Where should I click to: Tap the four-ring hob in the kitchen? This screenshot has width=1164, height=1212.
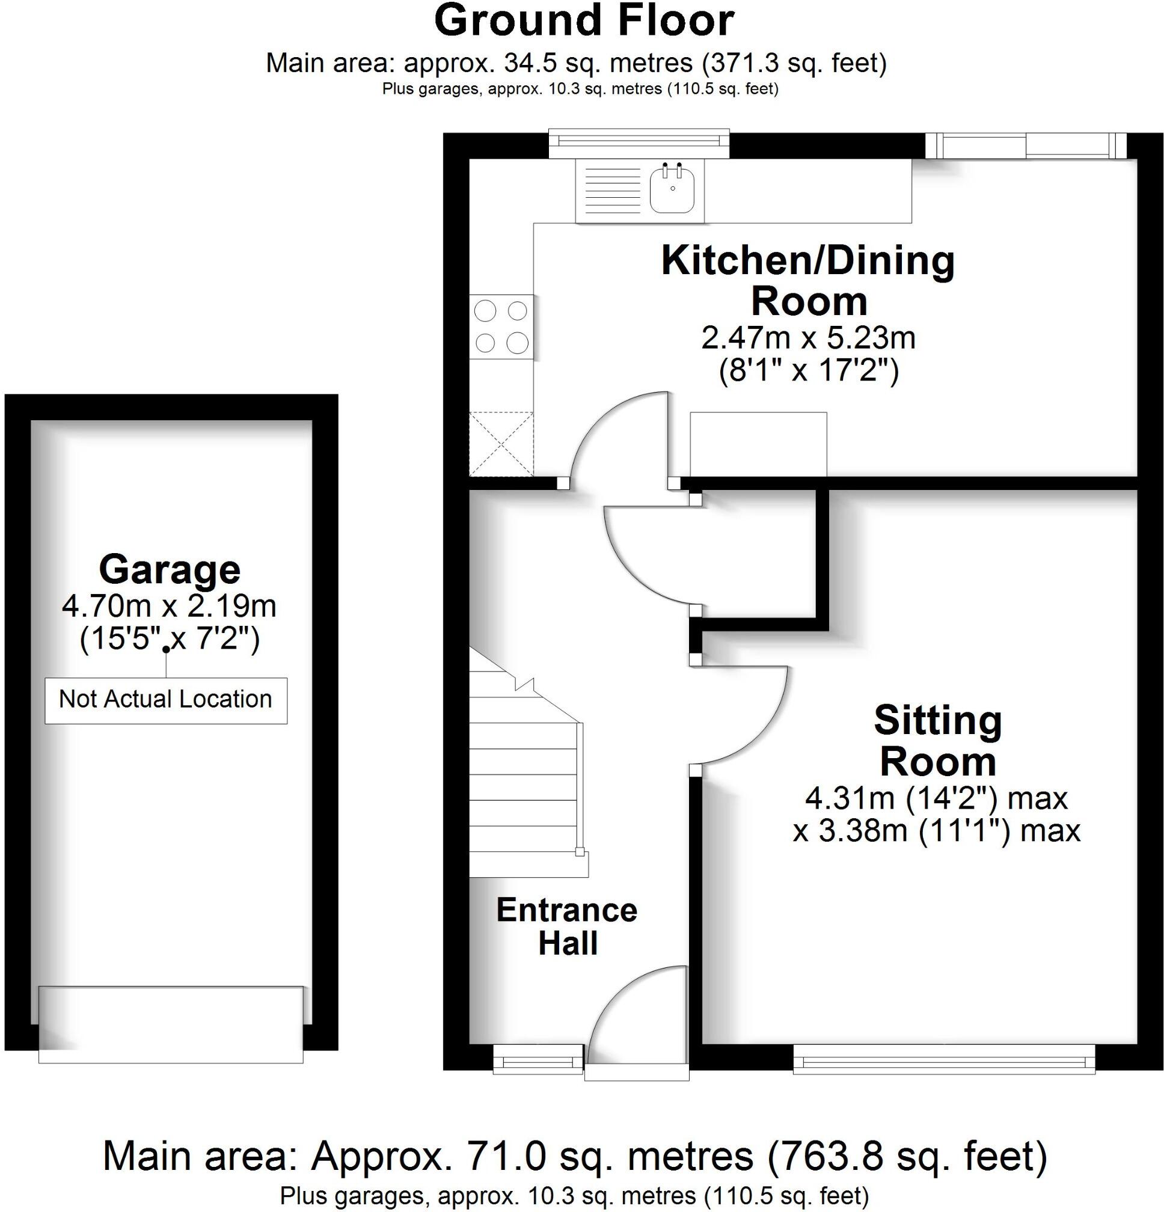coord(501,326)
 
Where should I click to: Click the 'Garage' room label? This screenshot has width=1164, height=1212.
coord(170,570)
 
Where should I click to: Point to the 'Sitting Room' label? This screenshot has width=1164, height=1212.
coord(937,741)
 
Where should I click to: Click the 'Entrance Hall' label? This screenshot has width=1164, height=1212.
coord(566,927)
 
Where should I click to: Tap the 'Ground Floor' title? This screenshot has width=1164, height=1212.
coord(584,20)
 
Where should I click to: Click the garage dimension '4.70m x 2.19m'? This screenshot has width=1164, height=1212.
coord(169,606)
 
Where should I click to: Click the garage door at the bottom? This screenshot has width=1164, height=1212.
coord(171,1024)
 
